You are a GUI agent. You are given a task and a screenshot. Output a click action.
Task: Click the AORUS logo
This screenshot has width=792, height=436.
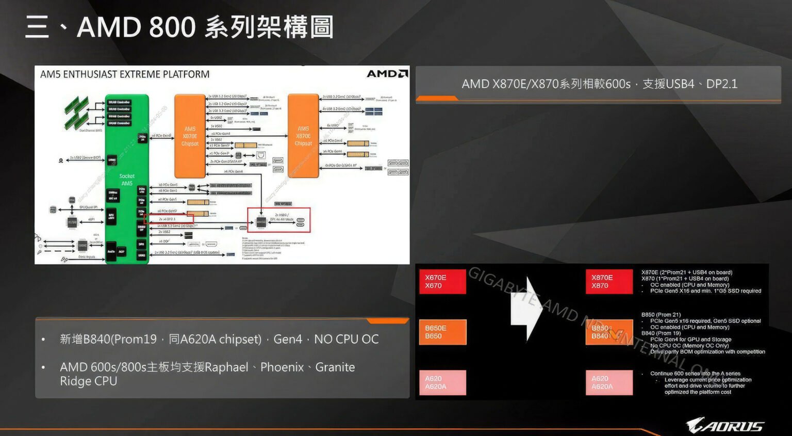[x=724, y=426]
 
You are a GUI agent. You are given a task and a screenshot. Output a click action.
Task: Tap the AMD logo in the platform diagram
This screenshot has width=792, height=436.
[x=387, y=74]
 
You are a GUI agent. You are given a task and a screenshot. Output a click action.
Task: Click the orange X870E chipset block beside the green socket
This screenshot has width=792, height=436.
[x=190, y=136]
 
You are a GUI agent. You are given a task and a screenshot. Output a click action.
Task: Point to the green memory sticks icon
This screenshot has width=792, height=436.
[x=77, y=112]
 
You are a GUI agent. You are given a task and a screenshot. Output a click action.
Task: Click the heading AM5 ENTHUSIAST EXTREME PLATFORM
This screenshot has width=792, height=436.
[x=125, y=74]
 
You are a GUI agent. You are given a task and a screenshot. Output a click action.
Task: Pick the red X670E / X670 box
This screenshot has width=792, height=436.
[x=442, y=282]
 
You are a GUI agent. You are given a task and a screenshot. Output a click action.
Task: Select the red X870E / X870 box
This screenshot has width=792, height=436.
[x=609, y=282]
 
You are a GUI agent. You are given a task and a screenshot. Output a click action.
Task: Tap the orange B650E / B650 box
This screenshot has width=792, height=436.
[x=442, y=332]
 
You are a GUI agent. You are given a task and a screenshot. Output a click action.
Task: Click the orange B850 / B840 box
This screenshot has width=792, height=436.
[x=609, y=332]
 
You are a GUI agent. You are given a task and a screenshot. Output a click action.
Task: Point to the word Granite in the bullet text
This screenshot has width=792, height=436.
[x=335, y=367]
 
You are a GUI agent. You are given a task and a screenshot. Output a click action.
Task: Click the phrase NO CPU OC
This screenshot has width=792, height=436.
[x=346, y=339]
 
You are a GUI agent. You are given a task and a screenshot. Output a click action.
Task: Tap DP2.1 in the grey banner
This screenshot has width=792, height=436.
[x=722, y=84]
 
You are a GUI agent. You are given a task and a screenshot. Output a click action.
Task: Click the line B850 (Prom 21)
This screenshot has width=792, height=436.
[x=661, y=315]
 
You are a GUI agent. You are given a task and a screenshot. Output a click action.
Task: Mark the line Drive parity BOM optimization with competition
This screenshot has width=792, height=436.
[x=707, y=352]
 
